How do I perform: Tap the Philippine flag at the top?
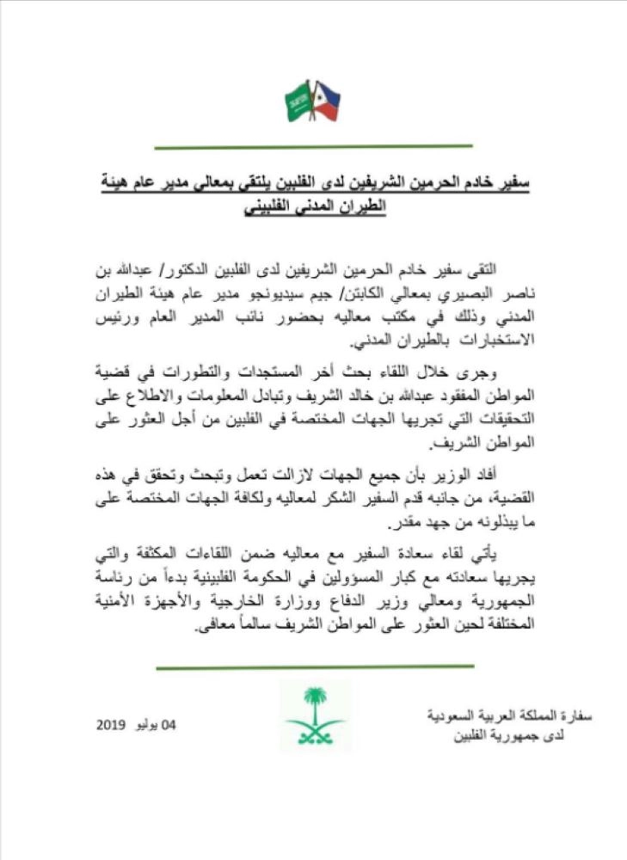(327, 101)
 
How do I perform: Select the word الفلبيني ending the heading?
(267, 208)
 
